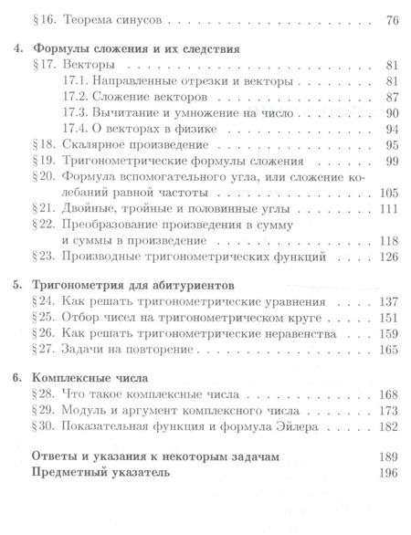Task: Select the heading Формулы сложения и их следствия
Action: coord(135,49)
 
